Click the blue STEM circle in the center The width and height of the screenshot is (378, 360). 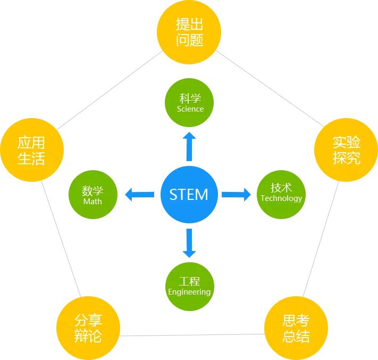click(x=189, y=195)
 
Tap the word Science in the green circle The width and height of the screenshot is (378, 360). click(x=190, y=109)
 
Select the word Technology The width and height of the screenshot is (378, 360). click(x=281, y=198)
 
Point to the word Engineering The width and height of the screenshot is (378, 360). click(x=189, y=292)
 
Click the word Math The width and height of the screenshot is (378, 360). click(x=93, y=202)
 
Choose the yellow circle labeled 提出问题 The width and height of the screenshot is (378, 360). click(x=189, y=32)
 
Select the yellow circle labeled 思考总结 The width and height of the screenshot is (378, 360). click(x=296, y=328)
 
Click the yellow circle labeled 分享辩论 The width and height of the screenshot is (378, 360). click(x=88, y=328)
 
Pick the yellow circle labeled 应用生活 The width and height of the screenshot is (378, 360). click(x=32, y=150)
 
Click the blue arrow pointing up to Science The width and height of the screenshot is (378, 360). click(x=189, y=146)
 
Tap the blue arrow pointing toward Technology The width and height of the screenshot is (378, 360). click(x=236, y=195)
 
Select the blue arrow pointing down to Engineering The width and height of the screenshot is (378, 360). click(x=189, y=243)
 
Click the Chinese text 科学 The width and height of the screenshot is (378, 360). click(x=190, y=98)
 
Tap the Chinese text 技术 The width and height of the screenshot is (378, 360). click(x=281, y=188)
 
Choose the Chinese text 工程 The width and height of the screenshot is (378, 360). click(x=189, y=281)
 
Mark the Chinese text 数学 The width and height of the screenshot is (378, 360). click(x=93, y=191)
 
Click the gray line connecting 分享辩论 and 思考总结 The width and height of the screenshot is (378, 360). click(x=192, y=334)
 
